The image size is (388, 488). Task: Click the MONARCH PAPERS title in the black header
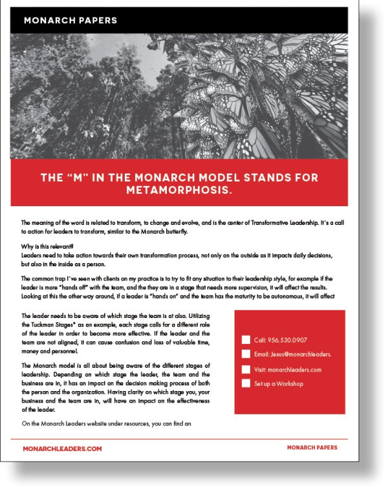point(70,21)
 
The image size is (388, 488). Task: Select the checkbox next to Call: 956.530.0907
point(245,339)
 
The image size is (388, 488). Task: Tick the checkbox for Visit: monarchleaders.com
point(245,369)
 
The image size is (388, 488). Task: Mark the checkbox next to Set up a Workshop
point(245,384)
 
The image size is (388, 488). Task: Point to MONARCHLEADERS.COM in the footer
point(62,448)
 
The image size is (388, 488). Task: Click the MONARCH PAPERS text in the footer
point(312,447)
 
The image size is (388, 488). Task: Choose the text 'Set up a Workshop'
point(279,384)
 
